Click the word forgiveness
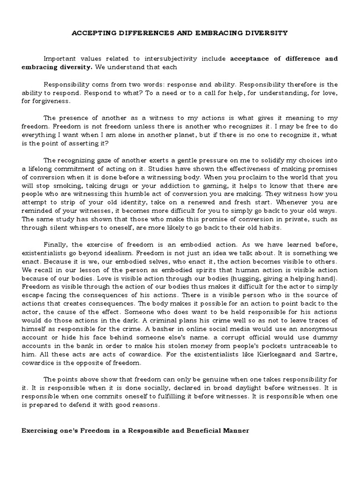(x=53, y=101)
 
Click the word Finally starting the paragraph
(x=55, y=245)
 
